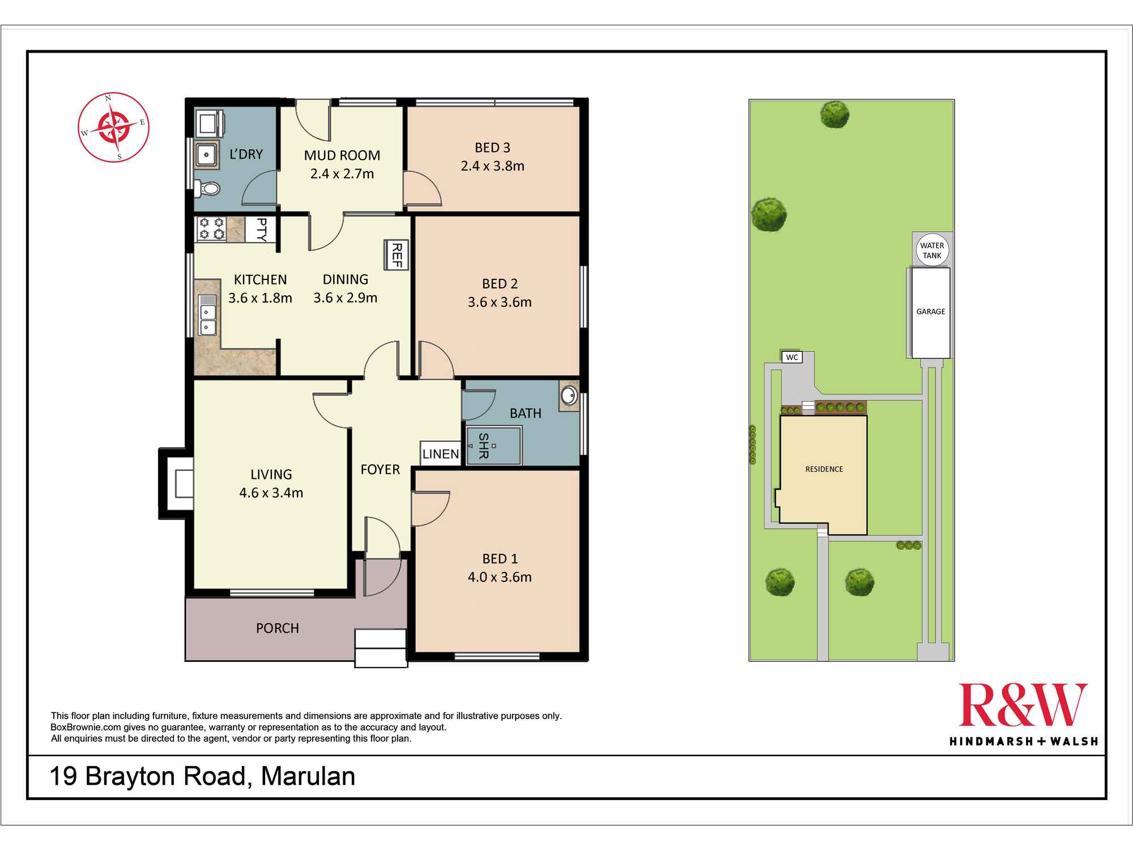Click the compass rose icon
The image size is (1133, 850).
pyautogui.click(x=113, y=127)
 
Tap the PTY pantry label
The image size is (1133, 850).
pyautogui.click(x=261, y=229)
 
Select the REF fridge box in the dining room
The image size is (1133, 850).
pyautogui.click(x=397, y=255)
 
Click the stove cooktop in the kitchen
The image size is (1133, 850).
pyautogui.click(x=211, y=229)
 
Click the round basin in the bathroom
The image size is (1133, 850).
pyautogui.click(x=569, y=395)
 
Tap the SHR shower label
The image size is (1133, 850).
pyautogui.click(x=483, y=445)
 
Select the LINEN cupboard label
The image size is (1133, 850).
pyautogui.click(x=441, y=454)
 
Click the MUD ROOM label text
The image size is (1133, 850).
pyautogui.click(x=342, y=155)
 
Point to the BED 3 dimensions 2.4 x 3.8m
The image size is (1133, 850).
pyautogui.click(x=492, y=166)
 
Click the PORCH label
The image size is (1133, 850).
pyautogui.click(x=278, y=628)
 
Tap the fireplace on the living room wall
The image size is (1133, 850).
pyautogui.click(x=177, y=483)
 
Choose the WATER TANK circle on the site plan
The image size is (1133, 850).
pyautogui.click(x=932, y=250)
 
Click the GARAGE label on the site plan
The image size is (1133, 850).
pyautogui.click(x=931, y=312)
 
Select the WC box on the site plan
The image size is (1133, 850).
pyautogui.click(x=792, y=357)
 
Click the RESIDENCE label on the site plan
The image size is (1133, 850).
pyautogui.click(x=824, y=469)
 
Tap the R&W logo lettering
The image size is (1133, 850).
pyautogui.click(x=1023, y=704)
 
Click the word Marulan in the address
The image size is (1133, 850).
pyautogui.click(x=308, y=776)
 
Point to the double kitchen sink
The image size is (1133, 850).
pyautogui.click(x=208, y=315)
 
